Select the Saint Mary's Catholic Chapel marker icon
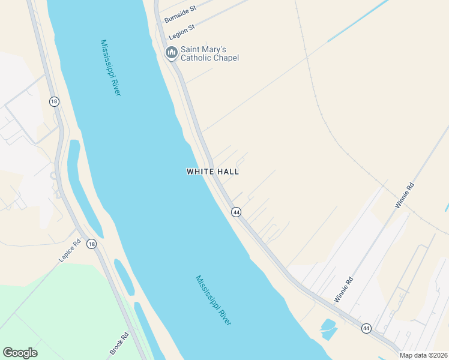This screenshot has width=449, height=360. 171,53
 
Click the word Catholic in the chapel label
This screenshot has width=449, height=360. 200,58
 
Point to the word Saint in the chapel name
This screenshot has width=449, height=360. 191,49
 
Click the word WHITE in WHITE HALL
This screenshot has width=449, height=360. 200,172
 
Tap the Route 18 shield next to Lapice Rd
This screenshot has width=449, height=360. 91,244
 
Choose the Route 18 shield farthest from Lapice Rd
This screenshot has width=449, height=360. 55,102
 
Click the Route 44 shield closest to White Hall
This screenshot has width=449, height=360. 237,212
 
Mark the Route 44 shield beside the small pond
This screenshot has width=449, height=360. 366,328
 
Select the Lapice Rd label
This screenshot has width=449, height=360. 70,251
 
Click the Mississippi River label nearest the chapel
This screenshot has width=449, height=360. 111,67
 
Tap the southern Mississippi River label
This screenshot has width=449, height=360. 214,300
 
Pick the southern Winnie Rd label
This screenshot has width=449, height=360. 345,289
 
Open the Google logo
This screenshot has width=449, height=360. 20,353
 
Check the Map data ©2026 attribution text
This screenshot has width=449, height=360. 424,355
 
